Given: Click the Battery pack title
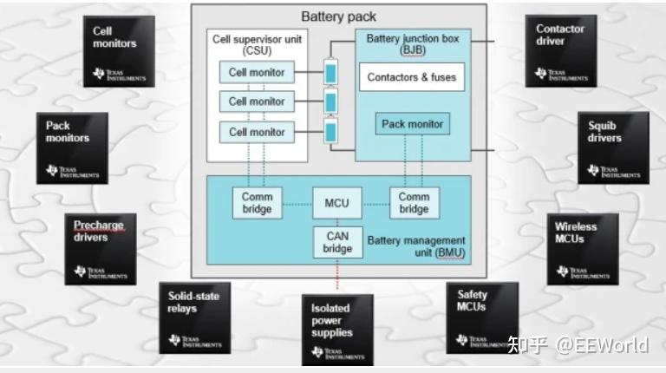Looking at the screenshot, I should click(x=338, y=16).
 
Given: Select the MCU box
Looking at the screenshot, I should click(x=337, y=203).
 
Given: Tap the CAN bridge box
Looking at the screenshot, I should click(x=337, y=242).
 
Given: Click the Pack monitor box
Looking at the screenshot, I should click(x=412, y=124).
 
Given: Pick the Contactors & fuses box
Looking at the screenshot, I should click(x=411, y=77).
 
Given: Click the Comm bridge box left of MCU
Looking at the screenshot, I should click(x=257, y=202).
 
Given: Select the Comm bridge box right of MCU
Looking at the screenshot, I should click(x=414, y=202).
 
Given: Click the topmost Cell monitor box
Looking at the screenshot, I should click(x=257, y=73).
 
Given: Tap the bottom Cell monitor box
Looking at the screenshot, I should click(x=257, y=132).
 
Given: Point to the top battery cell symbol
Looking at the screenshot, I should click(x=330, y=71).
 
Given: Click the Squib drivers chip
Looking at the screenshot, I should click(x=612, y=147).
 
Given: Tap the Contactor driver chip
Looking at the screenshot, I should click(x=560, y=50).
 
